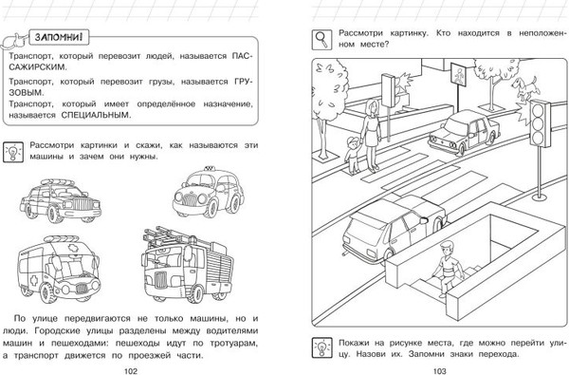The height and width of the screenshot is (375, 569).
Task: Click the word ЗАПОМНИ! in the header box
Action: pos(59,37)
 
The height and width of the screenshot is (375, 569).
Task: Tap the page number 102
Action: pos(131,370)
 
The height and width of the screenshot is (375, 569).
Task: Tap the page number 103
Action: pos(439,370)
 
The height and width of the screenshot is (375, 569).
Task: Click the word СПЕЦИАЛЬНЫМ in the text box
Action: pos(95,115)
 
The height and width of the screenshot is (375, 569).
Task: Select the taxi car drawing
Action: pos(209,193)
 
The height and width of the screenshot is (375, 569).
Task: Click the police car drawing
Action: pos(61,200)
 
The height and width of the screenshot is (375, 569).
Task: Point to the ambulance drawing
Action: pos(59,268)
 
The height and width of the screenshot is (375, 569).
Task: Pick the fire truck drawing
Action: pos(187,265)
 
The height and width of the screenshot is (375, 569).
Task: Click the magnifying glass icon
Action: pos(321,40)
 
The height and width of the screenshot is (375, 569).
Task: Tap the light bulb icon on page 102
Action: pos(13,152)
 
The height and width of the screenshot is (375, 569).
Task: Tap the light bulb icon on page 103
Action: pos(321,347)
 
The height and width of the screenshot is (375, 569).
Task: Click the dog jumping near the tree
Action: pos(524,87)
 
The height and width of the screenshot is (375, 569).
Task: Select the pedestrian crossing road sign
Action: pos(459,75)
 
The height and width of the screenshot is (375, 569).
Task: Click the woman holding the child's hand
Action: pos(370,135)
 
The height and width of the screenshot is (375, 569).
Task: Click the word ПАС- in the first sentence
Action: pos(242,56)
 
